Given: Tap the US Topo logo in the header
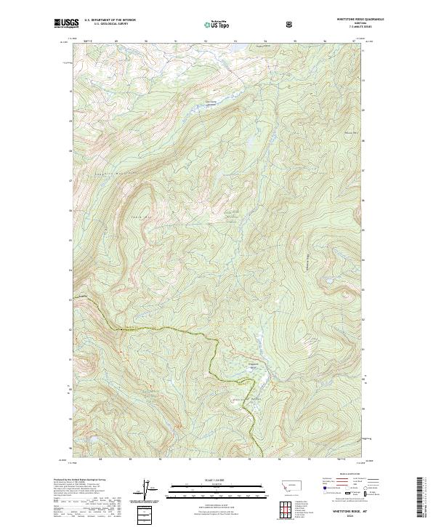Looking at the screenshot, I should tap(215, 25).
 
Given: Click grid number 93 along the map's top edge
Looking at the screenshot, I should tap(206, 41).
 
